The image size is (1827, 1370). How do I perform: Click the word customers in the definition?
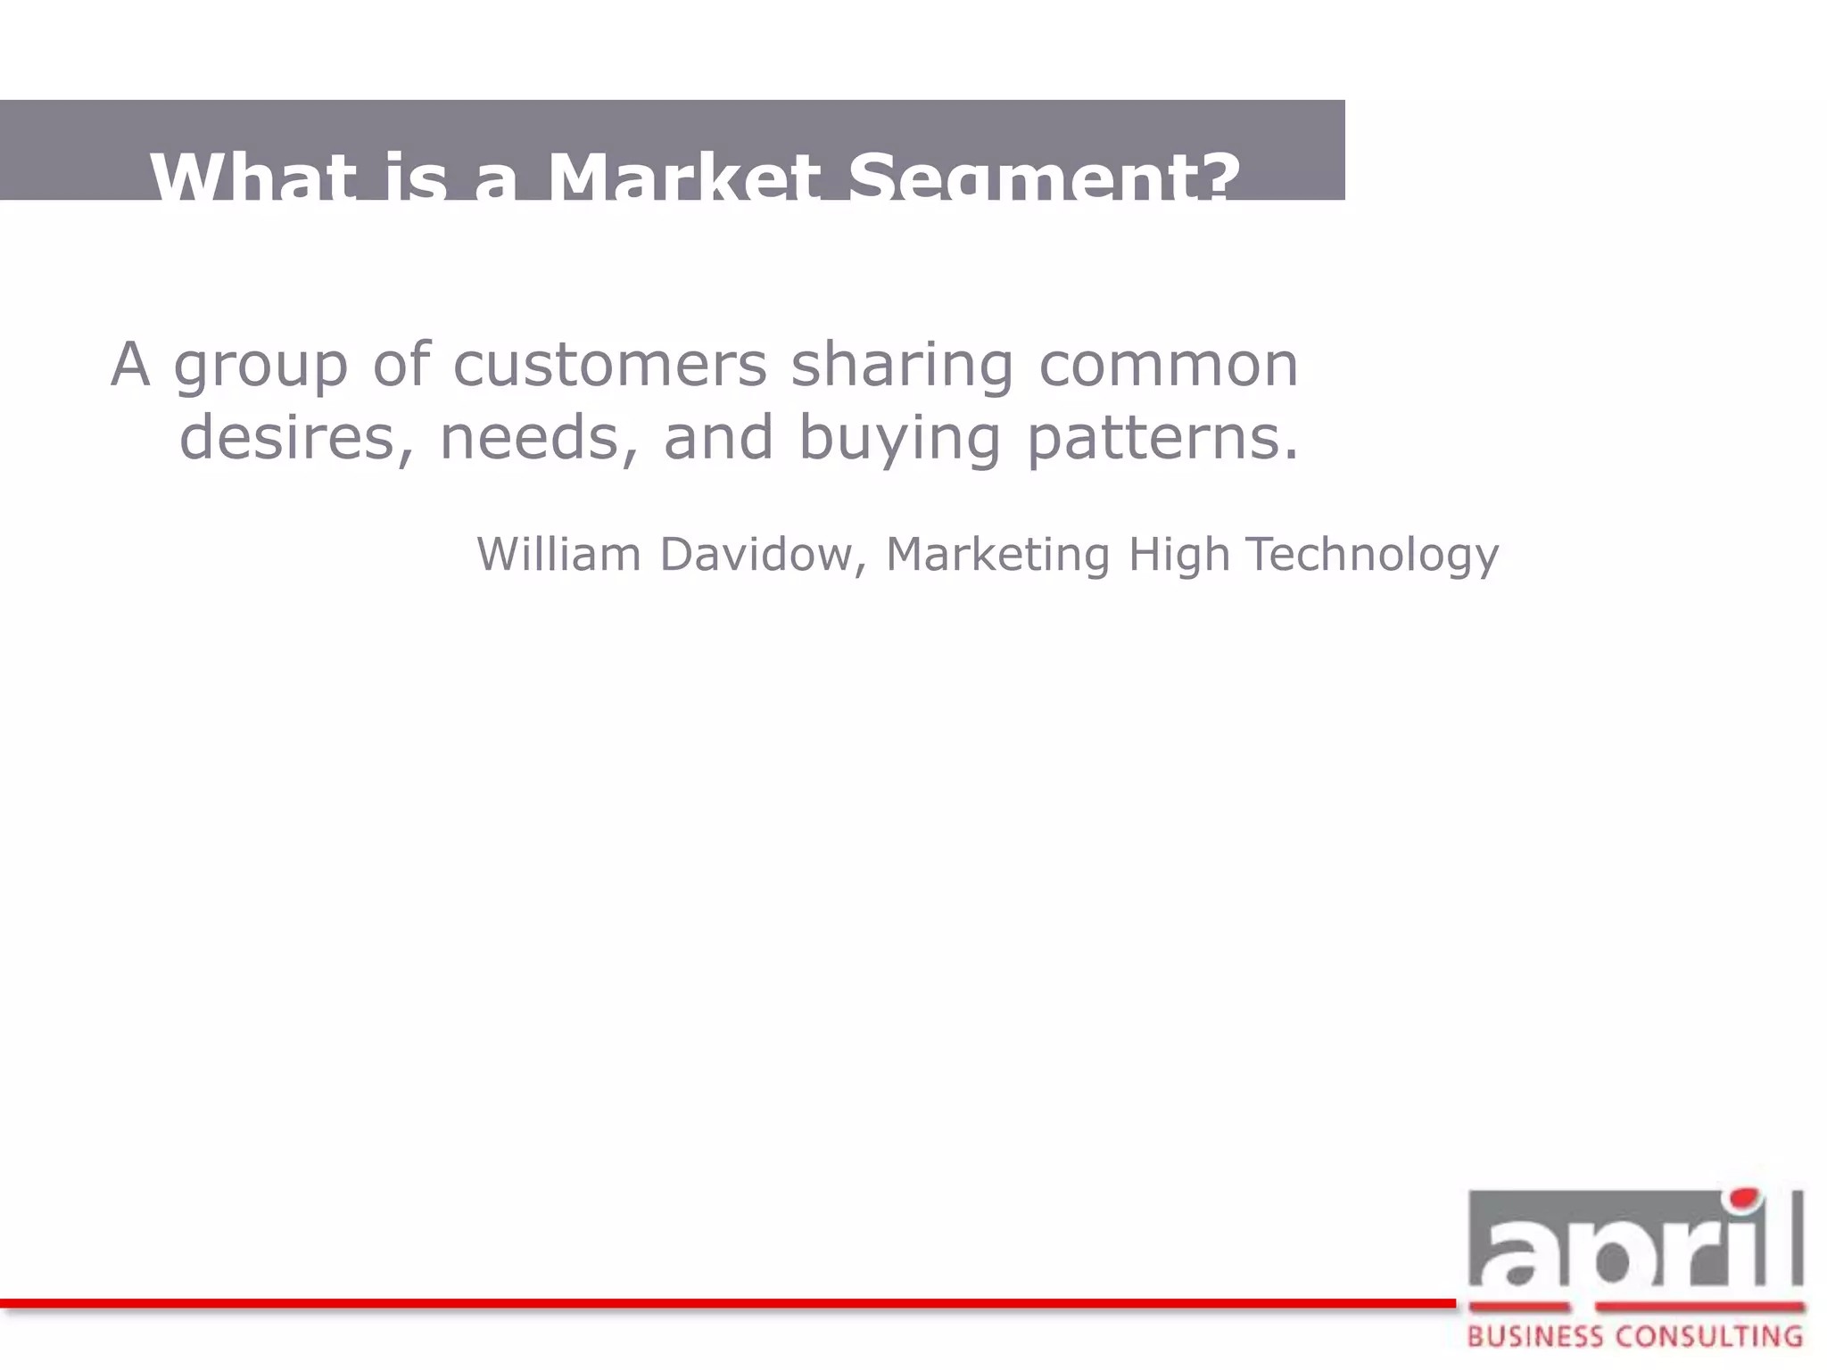[609, 365]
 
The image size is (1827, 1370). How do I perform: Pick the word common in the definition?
[1169, 365]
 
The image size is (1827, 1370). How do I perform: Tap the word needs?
[539, 438]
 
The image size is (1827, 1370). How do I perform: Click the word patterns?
[1162, 440]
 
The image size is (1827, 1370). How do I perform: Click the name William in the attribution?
[559, 554]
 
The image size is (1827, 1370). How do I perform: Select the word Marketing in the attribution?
[997, 556]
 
